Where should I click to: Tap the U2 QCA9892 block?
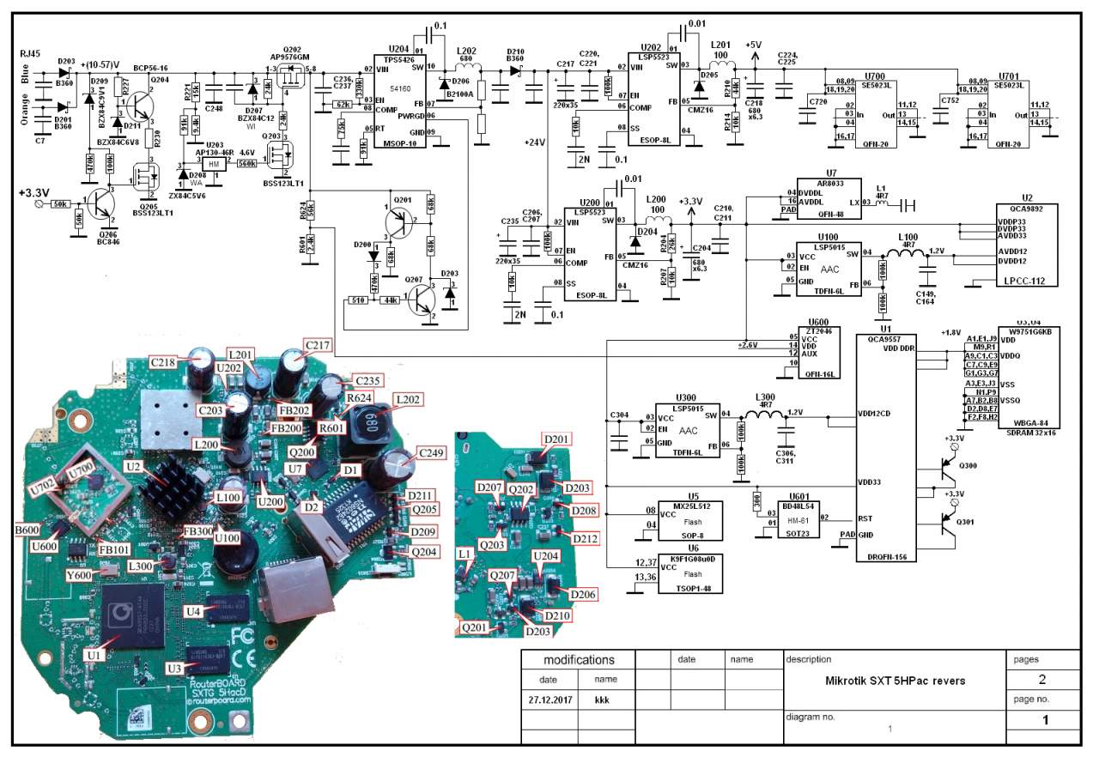(x=1026, y=245)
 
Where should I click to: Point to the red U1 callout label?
(x=95, y=654)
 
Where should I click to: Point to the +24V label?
(x=535, y=143)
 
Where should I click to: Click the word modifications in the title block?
(x=579, y=660)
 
